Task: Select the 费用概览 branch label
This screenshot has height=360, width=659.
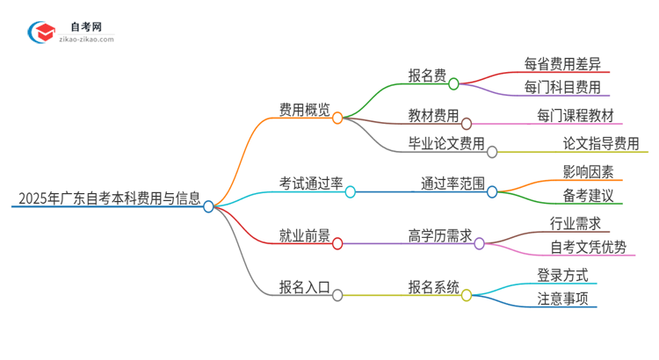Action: pyautogui.click(x=304, y=110)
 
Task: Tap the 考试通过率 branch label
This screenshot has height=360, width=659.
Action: pyautogui.click(x=309, y=184)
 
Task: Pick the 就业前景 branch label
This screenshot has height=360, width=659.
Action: pyautogui.click(x=304, y=235)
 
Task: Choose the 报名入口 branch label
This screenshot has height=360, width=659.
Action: pyautogui.click(x=304, y=287)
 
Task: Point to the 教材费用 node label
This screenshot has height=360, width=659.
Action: pyautogui.click(x=433, y=116)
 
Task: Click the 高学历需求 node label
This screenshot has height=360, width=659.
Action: pyautogui.click(x=440, y=235)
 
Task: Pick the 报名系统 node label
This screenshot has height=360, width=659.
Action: pyautogui.click(x=433, y=287)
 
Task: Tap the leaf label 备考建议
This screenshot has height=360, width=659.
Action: pyautogui.click(x=588, y=194)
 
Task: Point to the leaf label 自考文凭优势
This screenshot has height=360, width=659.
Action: pyautogui.click(x=588, y=247)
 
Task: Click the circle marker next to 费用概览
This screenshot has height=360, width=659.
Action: pyautogui.click(x=337, y=118)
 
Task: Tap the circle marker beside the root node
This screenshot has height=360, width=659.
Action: pyautogui.click(x=208, y=206)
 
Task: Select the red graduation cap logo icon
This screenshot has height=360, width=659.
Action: pyautogui.click(x=41, y=33)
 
